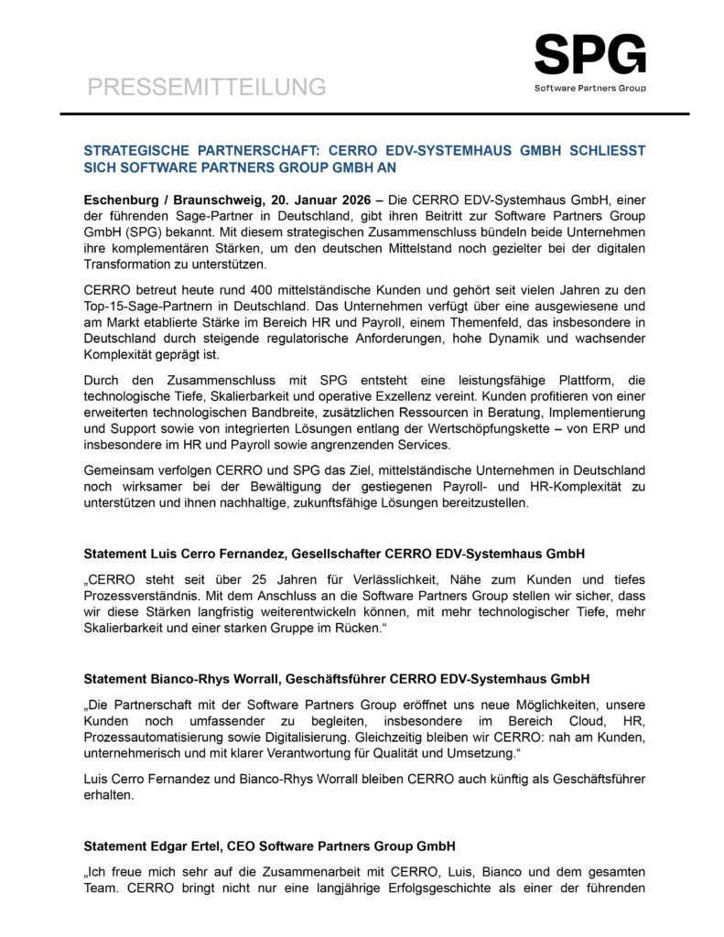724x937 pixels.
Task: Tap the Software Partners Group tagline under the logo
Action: click(x=589, y=89)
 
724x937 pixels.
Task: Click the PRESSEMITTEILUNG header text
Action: click(x=206, y=87)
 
